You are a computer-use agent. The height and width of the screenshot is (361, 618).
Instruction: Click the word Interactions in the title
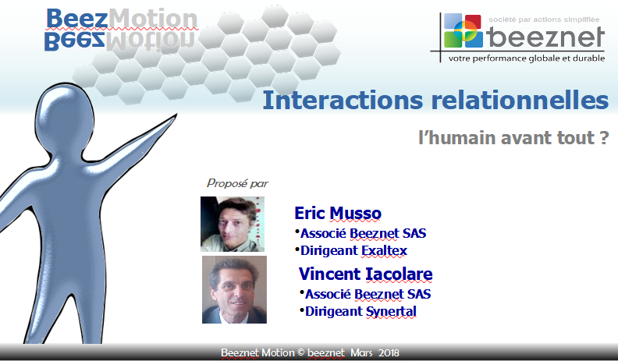pyautogui.click(x=343, y=100)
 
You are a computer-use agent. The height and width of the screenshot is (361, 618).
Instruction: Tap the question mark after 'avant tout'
pyautogui.click(x=605, y=138)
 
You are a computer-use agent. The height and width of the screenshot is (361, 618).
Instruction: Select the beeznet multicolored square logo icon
pyautogui.click(x=463, y=30)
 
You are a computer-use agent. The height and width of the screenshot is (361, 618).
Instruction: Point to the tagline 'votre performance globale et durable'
pyautogui.click(x=527, y=58)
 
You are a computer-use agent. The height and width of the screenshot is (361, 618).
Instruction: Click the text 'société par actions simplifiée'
pyautogui.click(x=544, y=19)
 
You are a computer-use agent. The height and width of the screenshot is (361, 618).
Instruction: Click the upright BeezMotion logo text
pyautogui.click(x=122, y=19)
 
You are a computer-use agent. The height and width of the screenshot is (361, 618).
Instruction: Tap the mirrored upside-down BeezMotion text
pyautogui.click(x=119, y=41)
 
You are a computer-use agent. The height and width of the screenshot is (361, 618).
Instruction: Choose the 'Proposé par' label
pyautogui.click(x=237, y=183)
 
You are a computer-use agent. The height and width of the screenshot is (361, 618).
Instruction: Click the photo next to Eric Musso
pyautogui.click(x=233, y=224)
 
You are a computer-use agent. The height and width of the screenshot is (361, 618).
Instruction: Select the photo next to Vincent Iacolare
pyautogui.click(x=235, y=290)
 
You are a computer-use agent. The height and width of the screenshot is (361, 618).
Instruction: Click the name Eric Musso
pyautogui.click(x=338, y=213)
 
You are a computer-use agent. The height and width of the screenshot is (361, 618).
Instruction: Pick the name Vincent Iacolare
pyautogui.click(x=365, y=274)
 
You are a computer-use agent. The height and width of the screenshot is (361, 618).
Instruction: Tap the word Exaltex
pyautogui.click(x=384, y=250)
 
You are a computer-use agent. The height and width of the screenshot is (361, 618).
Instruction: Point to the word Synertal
pyautogui.click(x=391, y=311)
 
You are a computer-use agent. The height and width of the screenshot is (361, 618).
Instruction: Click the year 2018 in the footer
pyautogui.click(x=389, y=352)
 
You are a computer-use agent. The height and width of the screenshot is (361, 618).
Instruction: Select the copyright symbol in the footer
pyautogui.click(x=301, y=352)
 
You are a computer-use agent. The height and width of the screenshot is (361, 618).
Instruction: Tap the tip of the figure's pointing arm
pyautogui.click(x=176, y=115)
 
